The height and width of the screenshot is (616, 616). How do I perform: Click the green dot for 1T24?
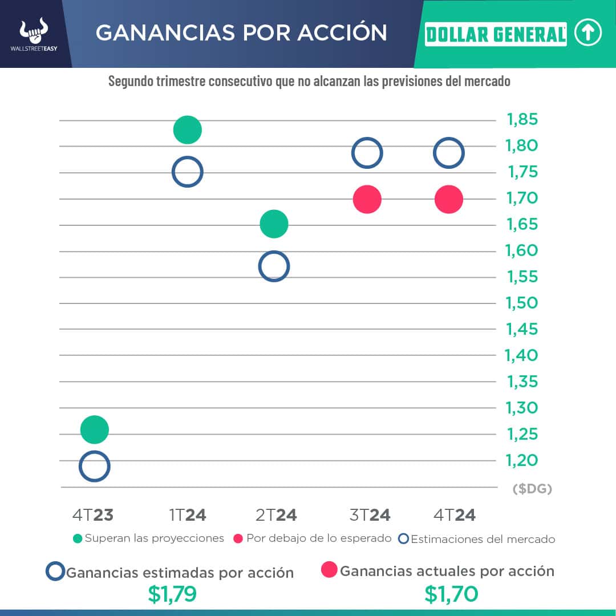coord(187,129)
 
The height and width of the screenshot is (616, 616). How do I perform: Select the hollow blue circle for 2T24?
coord(274,266)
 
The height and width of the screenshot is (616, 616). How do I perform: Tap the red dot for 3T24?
coord(367,200)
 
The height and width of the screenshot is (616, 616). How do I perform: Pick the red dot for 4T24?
coord(448,200)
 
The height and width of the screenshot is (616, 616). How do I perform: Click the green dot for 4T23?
coord(95,429)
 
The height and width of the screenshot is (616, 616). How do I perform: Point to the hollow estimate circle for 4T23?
coord(95,467)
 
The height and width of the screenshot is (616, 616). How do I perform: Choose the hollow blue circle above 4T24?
coord(448,153)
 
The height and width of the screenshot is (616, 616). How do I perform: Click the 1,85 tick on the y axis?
coord(522,120)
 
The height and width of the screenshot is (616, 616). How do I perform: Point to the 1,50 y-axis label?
coord(522,303)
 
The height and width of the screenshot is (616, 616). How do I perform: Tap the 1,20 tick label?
coord(522,460)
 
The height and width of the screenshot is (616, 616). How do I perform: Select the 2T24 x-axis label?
coord(277,515)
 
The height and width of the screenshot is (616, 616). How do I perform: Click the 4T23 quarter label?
coord(93,515)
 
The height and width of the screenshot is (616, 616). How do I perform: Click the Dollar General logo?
coord(496,34)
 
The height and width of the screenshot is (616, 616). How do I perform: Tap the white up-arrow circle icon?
coord(588,34)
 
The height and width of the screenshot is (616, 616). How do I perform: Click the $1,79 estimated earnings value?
coord(172,594)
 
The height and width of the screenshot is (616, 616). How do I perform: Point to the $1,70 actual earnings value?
coord(451,594)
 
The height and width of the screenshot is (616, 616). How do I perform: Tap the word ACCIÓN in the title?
coord(339,33)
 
